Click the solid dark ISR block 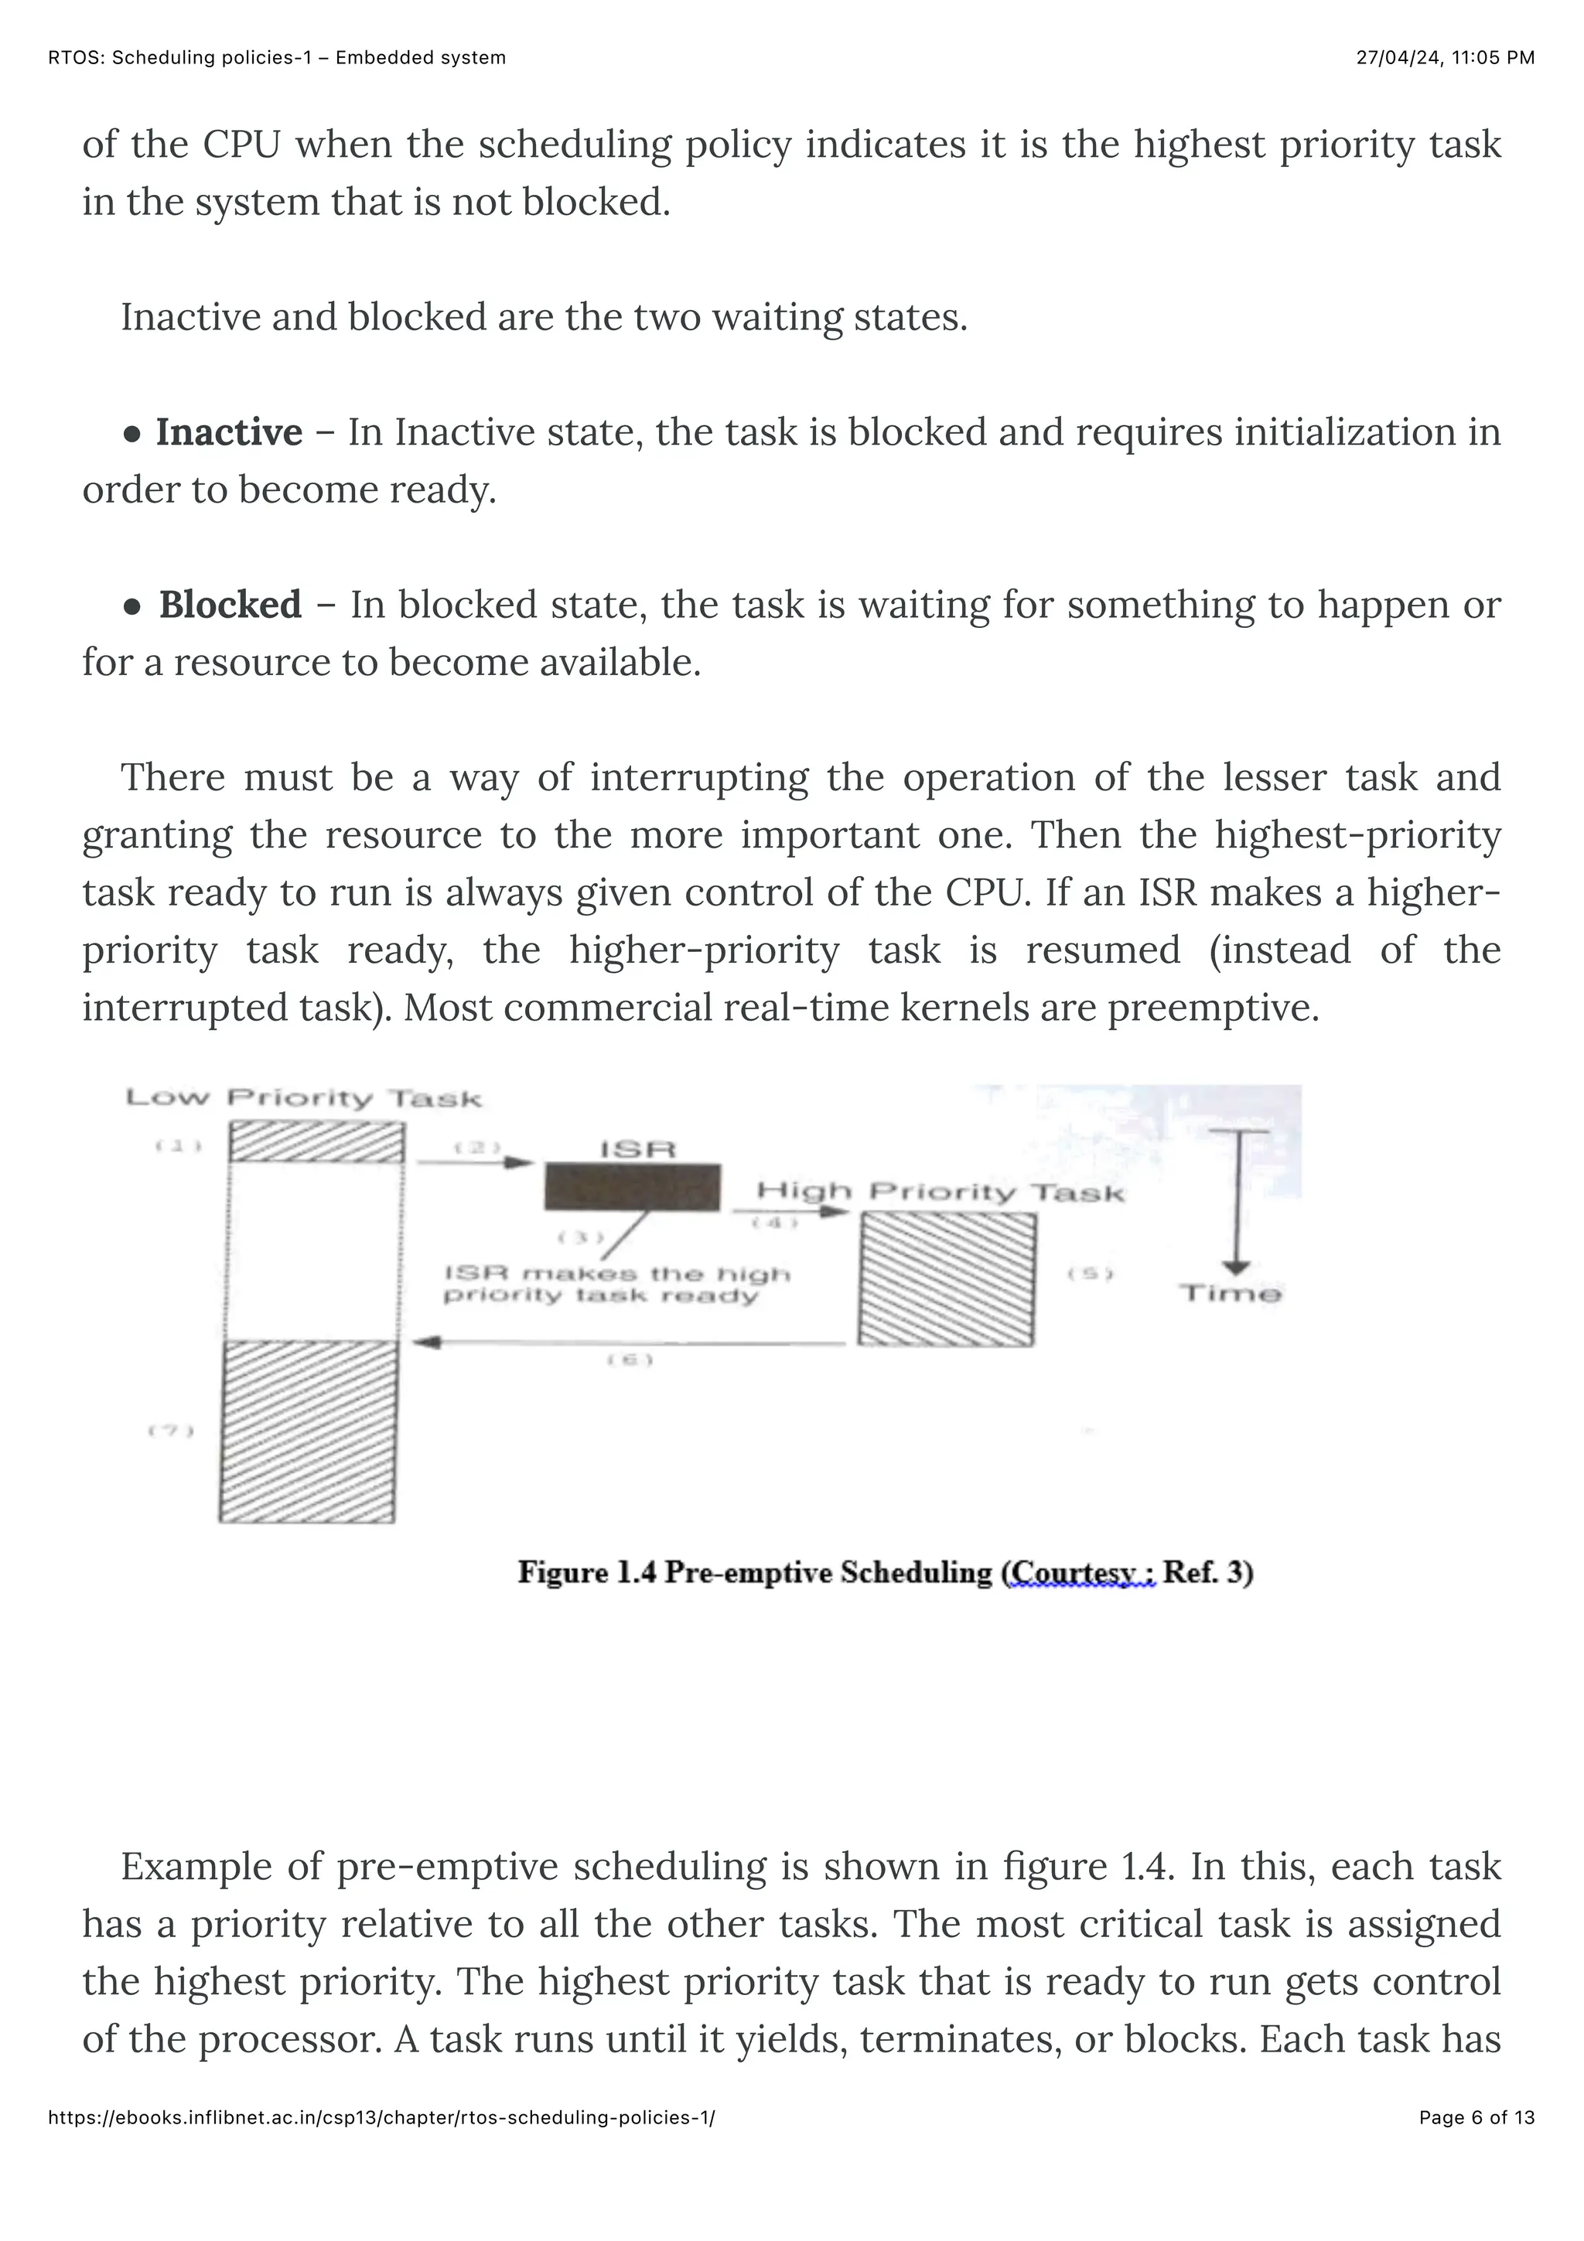[x=633, y=1187]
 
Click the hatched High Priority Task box [x=947, y=1280]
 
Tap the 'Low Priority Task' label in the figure [x=303, y=1098]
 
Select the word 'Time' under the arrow [x=1230, y=1294]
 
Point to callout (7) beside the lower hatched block [x=171, y=1431]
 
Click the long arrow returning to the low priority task [x=630, y=1344]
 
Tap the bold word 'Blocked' [x=230, y=605]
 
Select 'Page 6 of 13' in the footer [x=1476, y=2144]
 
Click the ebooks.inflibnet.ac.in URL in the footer [x=381, y=2144]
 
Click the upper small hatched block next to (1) [x=316, y=1142]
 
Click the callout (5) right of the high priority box [x=1089, y=1273]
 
